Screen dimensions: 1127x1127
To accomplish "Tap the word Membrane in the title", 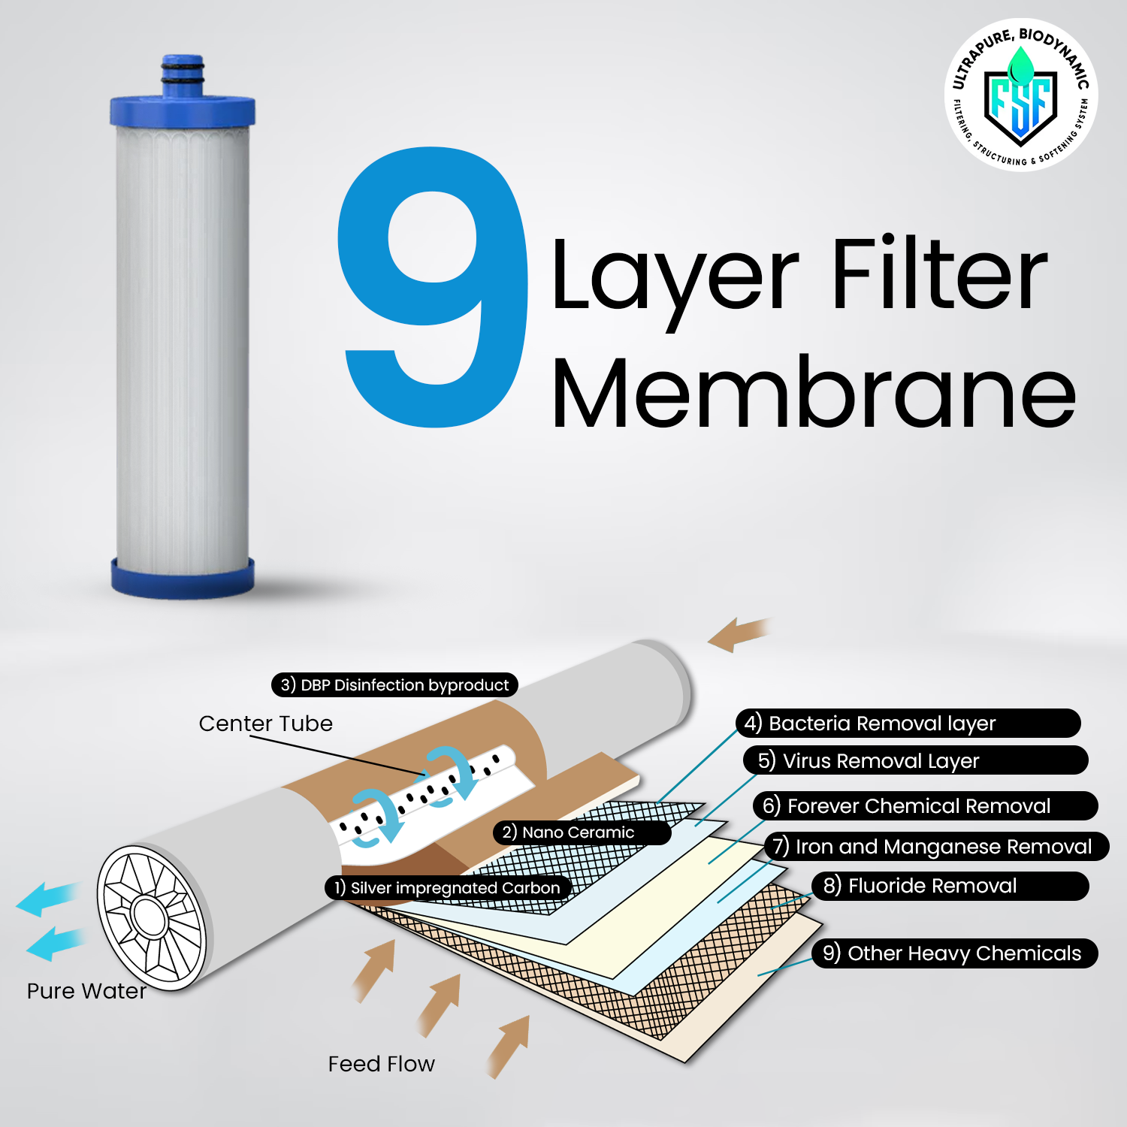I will (x=813, y=392).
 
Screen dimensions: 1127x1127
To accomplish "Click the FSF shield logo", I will (x=1020, y=96).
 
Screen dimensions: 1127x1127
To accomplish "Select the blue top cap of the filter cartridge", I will (x=183, y=109).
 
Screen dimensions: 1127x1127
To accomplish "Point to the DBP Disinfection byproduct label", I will (x=394, y=685).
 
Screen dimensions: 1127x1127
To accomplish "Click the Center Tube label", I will (x=265, y=724).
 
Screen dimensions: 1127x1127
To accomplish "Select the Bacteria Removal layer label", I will (x=908, y=724).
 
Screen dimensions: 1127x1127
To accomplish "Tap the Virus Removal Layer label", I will (x=915, y=760).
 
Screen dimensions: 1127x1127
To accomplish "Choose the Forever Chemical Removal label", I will (x=925, y=806).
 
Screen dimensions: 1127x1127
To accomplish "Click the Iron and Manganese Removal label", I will (x=936, y=847).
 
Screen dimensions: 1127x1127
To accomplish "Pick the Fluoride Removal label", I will (x=950, y=886).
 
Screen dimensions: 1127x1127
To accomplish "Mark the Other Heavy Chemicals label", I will (x=954, y=953).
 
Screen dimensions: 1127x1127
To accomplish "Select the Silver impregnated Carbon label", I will (x=448, y=888).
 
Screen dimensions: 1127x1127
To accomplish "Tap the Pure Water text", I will (x=86, y=991).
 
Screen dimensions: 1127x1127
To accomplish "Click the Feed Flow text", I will (x=381, y=1064).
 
